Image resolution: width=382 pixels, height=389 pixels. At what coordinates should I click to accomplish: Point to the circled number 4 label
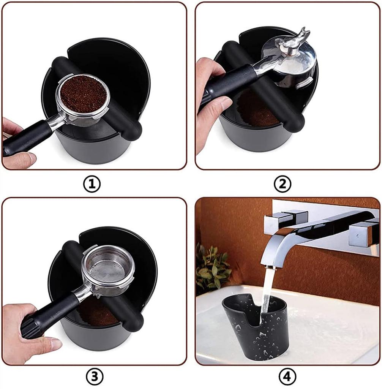tap(287, 376)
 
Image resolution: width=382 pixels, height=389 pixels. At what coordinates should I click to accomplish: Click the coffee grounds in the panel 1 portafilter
tap(83, 94)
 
